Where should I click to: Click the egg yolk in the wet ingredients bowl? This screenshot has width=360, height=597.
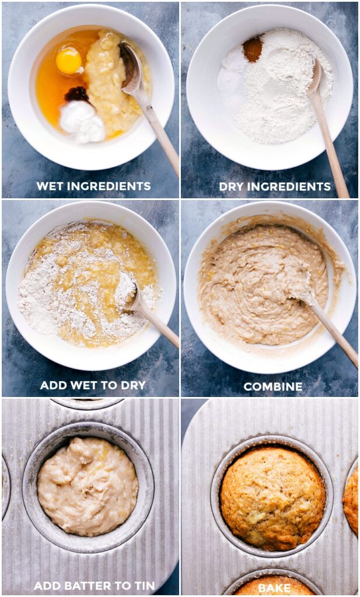(69, 61)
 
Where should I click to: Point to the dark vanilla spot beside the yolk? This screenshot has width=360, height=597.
(76, 93)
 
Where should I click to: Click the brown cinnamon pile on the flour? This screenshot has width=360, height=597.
(253, 49)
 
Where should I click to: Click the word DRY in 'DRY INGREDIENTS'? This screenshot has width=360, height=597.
(232, 187)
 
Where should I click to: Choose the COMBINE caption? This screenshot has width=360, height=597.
(273, 387)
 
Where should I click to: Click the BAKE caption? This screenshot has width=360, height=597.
(274, 587)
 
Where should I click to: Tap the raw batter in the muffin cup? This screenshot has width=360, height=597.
(88, 486)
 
